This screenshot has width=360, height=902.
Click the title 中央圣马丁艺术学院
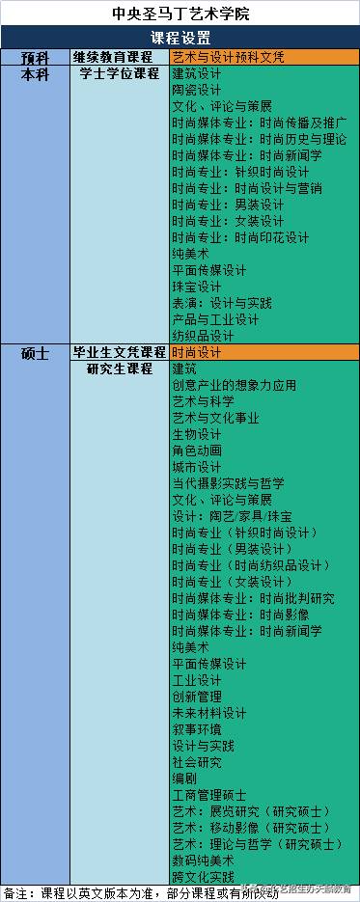pyautogui.click(x=180, y=14)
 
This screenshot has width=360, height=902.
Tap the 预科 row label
pyautogui.click(x=36, y=57)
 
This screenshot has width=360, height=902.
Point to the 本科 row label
pyautogui.click(x=36, y=73)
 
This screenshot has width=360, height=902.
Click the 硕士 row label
pyautogui.click(x=36, y=353)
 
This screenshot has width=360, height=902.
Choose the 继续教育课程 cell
pyautogui.click(x=120, y=57)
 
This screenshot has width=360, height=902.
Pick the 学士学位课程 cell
pyautogui.click(x=120, y=73)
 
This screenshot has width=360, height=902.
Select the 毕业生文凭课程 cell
pyautogui.click(x=120, y=353)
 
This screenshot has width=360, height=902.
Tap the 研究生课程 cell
pyautogui.click(x=120, y=369)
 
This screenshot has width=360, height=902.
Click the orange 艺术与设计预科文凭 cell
pyautogui.click(x=228, y=57)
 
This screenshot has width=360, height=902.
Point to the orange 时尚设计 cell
pyautogui.click(x=197, y=353)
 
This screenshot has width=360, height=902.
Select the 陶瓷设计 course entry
pyautogui.click(x=197, y=90)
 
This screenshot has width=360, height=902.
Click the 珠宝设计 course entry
pyautogui.click(x=197, y=287)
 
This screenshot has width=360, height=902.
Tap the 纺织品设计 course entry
pyautogui.click(x=203, y=336)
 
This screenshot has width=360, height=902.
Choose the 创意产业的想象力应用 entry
pyautogui.click(x=234, y=386)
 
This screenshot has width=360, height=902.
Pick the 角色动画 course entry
pyautogui.click(x=197, y=451)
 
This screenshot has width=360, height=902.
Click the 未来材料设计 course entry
pyautogui.click(x=208, y=713)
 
